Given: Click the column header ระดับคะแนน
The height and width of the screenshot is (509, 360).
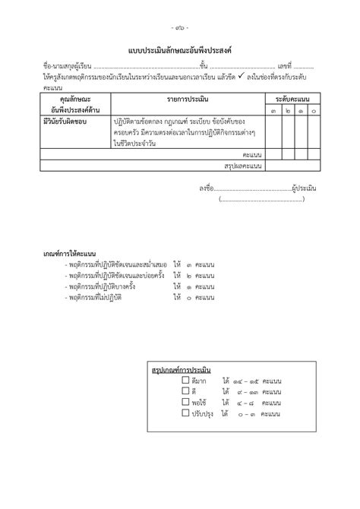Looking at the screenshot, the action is click(x=292, y=100).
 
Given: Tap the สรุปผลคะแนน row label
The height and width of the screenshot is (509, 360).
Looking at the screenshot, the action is click(x=243, y=164).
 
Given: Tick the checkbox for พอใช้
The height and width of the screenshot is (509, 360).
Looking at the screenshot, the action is click(x=187, y=403).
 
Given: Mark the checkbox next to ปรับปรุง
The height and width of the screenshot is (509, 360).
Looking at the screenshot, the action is click(x=187, y=414).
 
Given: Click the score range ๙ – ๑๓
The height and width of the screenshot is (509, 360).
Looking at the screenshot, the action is click(x=249, y=391).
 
